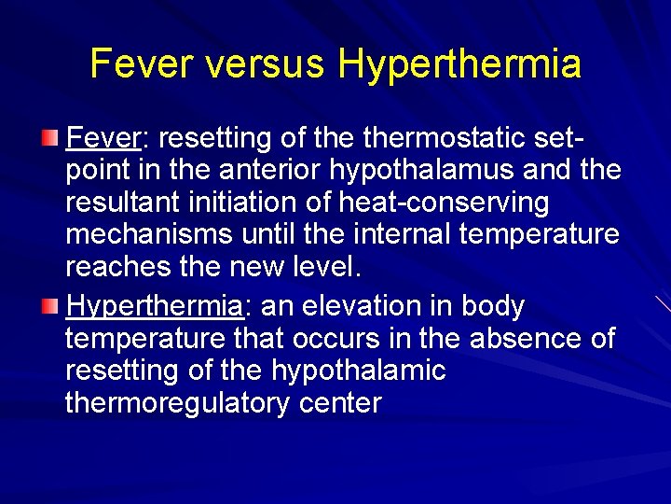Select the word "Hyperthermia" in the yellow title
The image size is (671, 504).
[459, 63]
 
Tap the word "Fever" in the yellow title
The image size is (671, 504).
[142, 63]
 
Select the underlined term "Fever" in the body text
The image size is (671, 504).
[102, 139]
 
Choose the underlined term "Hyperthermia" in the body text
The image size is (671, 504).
[154, 306]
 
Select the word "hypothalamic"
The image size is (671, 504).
[359, 371]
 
